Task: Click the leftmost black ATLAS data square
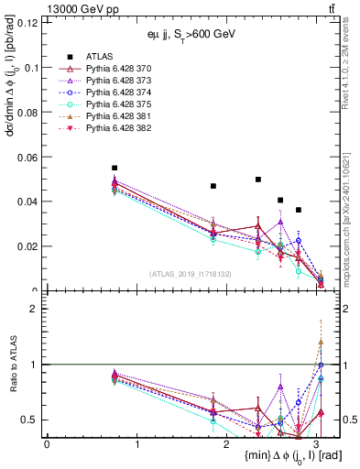point(115,169)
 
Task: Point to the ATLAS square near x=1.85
point(213,186)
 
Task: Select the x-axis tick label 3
point(316,444)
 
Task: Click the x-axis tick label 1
point(136,444)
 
